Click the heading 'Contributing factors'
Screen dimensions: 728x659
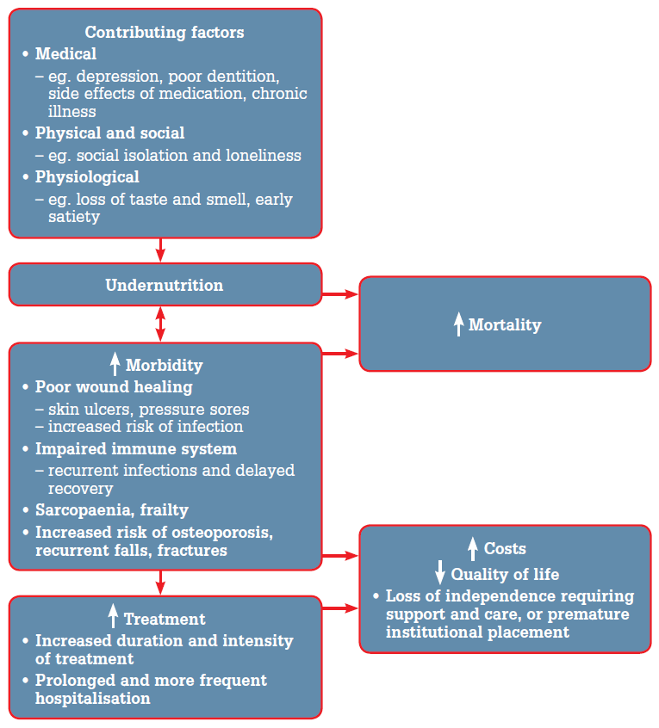pos(164,33)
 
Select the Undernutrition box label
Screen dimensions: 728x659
pos(164,285)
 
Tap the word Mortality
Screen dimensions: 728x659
pos(505,325)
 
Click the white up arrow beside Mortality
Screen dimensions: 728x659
pos(458,324)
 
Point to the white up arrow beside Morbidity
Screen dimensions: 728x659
pos(115,364)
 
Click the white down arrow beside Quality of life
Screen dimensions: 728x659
pos(439,573)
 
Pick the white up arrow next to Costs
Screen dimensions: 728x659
pos(472,548)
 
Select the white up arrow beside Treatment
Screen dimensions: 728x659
pos(113,616)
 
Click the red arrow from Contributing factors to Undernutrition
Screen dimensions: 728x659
pos(160,250)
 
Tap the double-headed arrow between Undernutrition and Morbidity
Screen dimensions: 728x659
pos(160,324)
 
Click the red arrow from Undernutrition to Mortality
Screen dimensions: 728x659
pos(339,294)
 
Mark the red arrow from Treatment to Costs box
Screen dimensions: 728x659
pos(339,608)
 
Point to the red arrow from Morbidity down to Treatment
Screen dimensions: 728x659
pos(160,582)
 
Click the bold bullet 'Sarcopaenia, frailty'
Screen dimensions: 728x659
pos(112,510)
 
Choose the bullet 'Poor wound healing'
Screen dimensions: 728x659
pos(114,387)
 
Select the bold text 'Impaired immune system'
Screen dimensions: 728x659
pos(135,449)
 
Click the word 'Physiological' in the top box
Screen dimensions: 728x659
pos(87,177)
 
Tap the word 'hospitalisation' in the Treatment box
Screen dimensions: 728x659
pos(92,698)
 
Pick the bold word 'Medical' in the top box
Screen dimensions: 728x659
pos(65,54)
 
